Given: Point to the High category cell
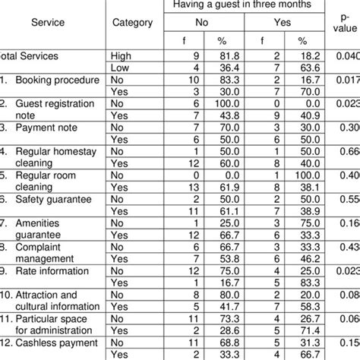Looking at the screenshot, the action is tap(121, 56).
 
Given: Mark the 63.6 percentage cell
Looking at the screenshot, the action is tap(302, 68).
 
